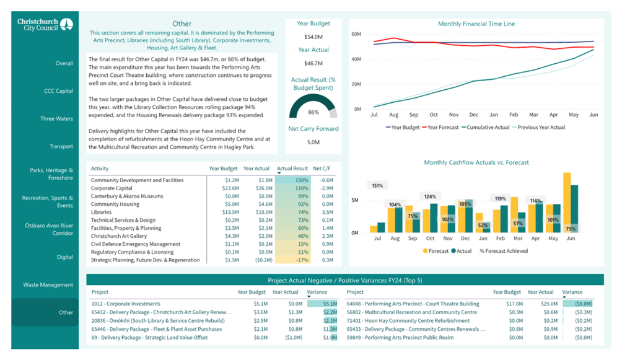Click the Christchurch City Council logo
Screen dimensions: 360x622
click(x=45, y=24)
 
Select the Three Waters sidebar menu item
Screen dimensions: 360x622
click(x=56, y=119)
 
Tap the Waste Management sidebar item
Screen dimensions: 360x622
click(x=48, y=285)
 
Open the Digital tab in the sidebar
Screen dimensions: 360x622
click(x=65, y=257)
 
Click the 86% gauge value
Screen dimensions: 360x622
click(x=313, y=112)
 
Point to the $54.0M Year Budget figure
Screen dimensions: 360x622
click(x=313, y=37)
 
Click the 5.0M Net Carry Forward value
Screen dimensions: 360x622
click(x=313, y=142)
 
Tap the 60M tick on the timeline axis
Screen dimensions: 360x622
click(x=357, y=35)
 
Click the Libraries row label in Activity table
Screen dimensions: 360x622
click(x=101, y=212)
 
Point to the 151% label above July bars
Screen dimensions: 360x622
click(x=377, y=185)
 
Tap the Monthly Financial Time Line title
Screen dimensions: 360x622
click(x=476, y=24)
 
